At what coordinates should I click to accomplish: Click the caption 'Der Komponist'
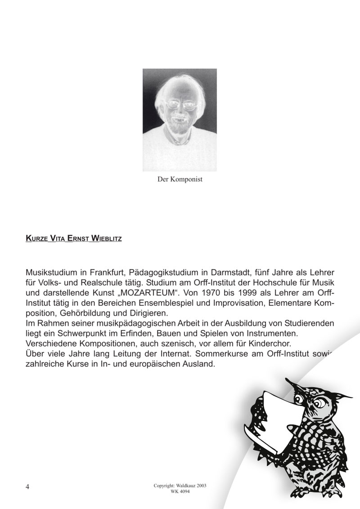[180, 179]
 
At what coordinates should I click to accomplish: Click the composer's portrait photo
[180, 120]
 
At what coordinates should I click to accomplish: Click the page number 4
[27, 487]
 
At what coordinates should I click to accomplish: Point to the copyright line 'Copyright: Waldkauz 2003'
[180, 486]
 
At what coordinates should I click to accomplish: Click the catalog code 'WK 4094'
[180, 491]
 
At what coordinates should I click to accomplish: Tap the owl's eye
[311, 401]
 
